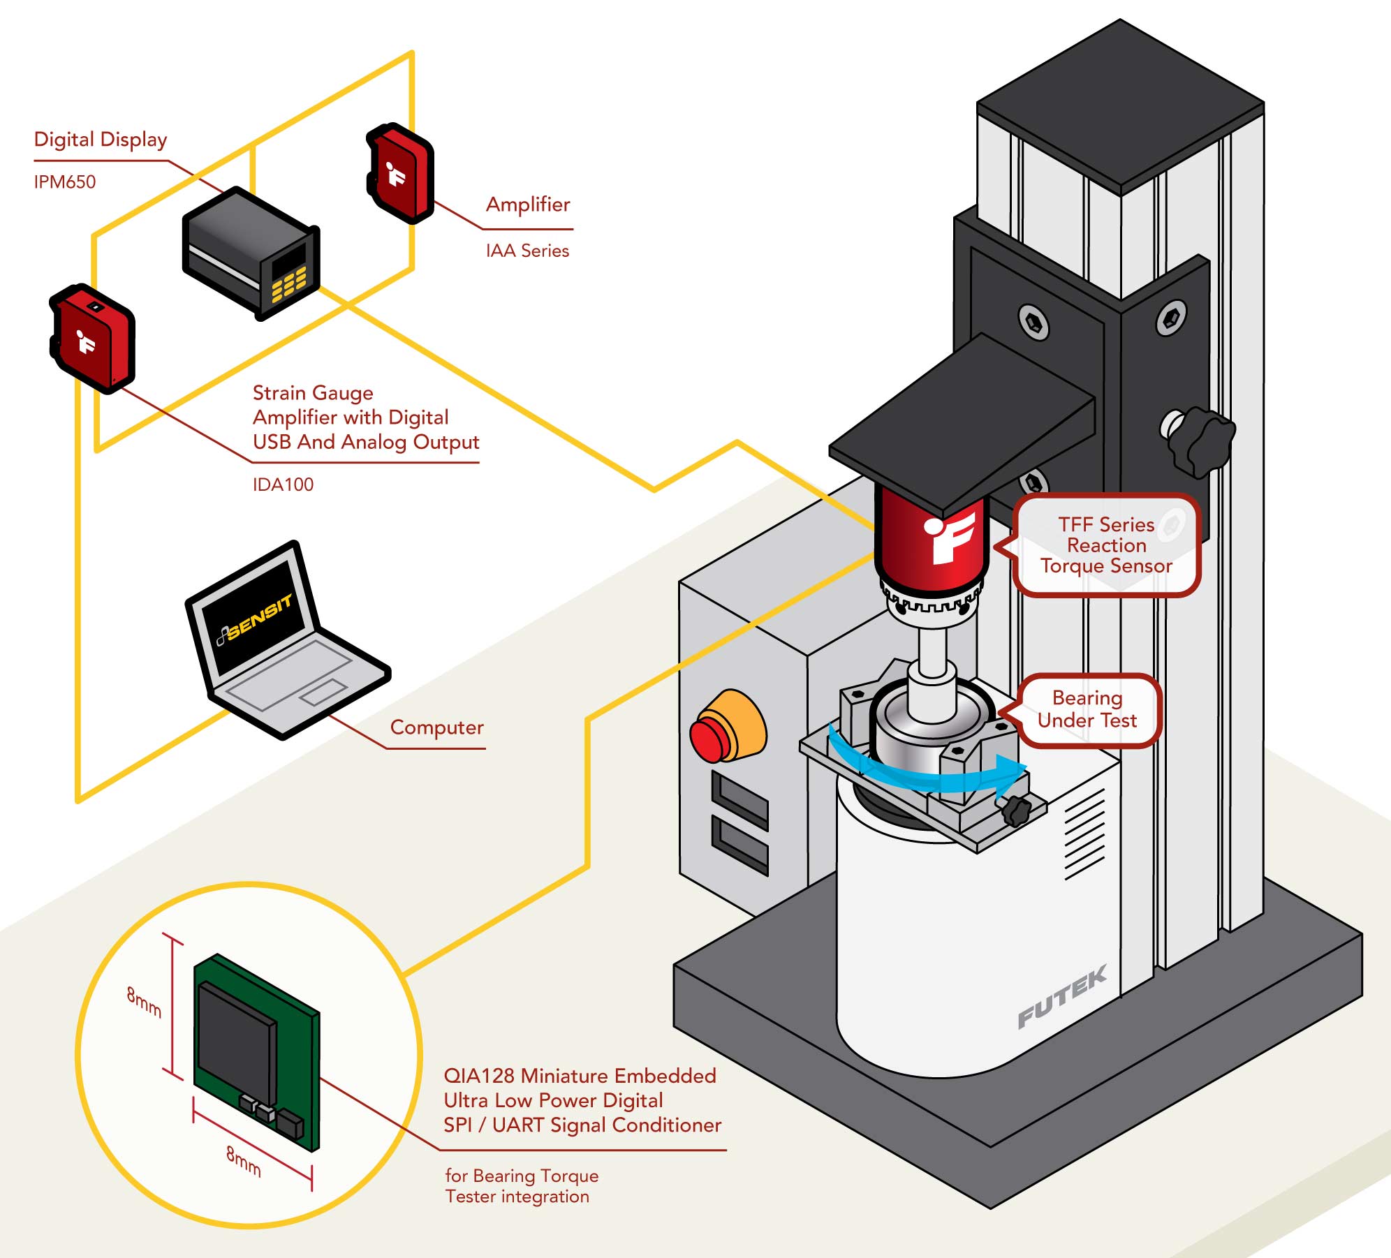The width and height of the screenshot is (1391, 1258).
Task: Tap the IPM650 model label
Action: click(x=65, y=182)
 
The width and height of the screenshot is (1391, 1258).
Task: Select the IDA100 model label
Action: click(x=283, y=484)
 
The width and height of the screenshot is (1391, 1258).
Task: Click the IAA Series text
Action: click(x=527, y=251)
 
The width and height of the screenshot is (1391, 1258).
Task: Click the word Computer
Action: click(x=436, y=727)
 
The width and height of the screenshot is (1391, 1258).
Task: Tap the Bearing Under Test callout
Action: click(x=1087, y=709)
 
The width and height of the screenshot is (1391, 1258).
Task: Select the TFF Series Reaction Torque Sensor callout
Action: click(x=1106, y=545)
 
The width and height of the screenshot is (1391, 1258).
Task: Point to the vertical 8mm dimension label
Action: click(x=144, y=1002)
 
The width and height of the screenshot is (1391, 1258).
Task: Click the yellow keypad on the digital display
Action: click(x=288, y=284)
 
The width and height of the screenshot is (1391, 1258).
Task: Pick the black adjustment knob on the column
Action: click(x=1200, y=441)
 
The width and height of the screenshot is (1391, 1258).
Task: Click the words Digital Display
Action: click(x=101, y=140)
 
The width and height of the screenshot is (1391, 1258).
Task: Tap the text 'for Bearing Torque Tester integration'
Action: click(x=522, y=1186)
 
